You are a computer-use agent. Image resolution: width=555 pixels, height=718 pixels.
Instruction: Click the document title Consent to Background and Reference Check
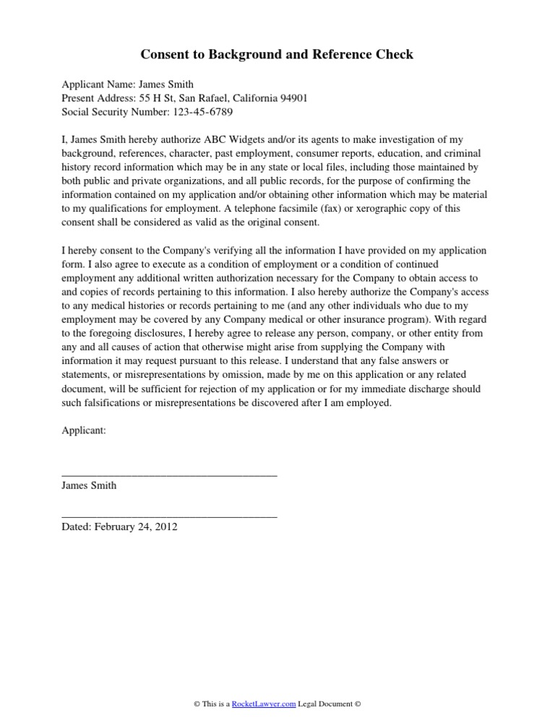pos(277,55)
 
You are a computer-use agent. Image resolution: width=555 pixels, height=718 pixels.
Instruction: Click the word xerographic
pos(384,208)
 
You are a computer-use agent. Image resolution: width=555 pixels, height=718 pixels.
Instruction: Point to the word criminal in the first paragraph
pos(467,153)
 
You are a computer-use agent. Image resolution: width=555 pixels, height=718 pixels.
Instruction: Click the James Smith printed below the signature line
pos(89,485)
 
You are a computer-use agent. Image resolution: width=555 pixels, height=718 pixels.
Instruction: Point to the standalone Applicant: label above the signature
pos(84,431)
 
